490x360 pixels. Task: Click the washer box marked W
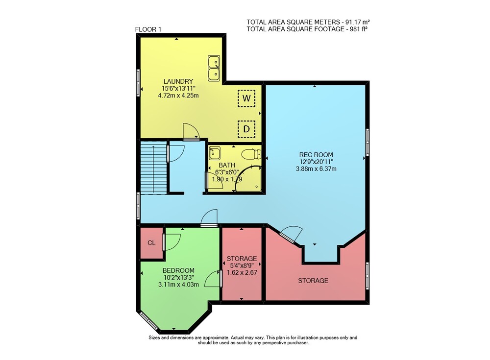click(x=246, y=98)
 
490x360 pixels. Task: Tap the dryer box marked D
click(x=246, y=129)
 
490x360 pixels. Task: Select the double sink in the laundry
click(x=214, y=68)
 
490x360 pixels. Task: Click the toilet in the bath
click(x=251, y=154)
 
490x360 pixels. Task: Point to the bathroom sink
click(x=215, y=153)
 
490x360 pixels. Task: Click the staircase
click(x=153, y=168)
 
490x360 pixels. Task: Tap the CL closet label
click(x=151, y=243)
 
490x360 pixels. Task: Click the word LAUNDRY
click(x=178, y=82)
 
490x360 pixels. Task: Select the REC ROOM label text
click(x=316, y=155)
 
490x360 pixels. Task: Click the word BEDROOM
click(x=178, y=270)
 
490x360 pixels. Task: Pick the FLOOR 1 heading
click(x=148, y=29)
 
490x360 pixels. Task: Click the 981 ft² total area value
click(x=359, y=29)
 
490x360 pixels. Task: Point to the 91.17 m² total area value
click(x=358, y=22)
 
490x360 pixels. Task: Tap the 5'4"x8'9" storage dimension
click(x=242, y=265)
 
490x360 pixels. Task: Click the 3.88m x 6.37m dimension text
click(x=316, y=169)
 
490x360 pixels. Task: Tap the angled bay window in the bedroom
click(x=148, y=320)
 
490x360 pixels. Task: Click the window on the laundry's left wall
click(x=138, y=82)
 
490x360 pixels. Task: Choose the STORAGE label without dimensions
click(x=313, y=281)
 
